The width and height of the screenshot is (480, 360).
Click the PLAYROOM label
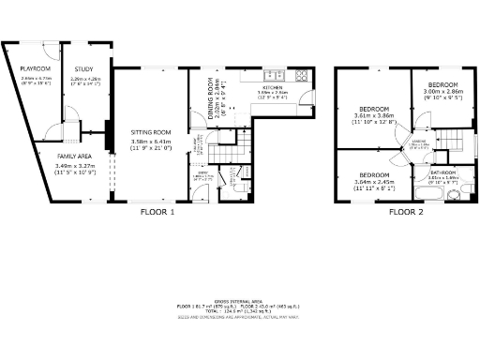(36, 68)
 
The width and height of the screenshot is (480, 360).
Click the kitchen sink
(269, 74)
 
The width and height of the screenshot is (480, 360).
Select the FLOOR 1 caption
(157, 212)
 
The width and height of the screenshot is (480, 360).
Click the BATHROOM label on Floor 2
(443, 172)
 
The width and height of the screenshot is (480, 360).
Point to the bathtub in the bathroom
(444, 195)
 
